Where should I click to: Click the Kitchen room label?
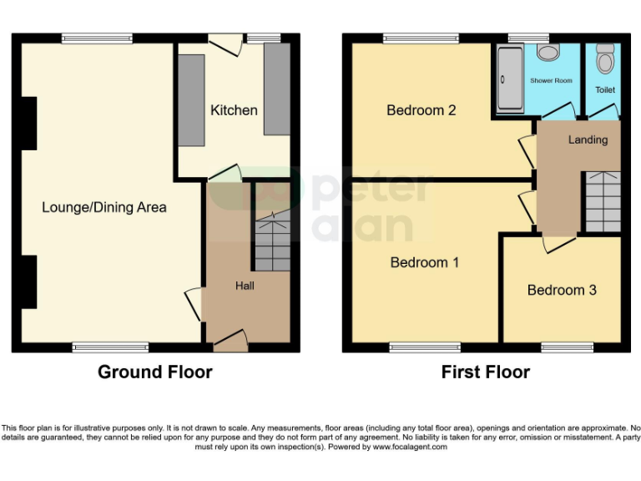coord(234,110)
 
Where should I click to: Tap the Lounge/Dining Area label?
coord(104,207)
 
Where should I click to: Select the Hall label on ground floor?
coord(245,286)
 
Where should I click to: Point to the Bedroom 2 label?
coord(421,110)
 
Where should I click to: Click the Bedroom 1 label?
coord(425,262)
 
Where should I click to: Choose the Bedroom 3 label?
coord(562,290)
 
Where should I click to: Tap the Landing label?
coord(588,139)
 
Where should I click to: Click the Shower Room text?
coord(551,80)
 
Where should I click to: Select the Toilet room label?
coord(604,89)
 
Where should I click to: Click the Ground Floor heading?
coord(155,372)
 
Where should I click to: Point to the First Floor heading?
coord(486,372)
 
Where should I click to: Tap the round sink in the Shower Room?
coord(548,53)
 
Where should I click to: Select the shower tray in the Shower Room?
coord(507,79)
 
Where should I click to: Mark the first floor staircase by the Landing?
coord(600,200)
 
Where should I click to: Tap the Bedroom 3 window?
coord(567,347)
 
